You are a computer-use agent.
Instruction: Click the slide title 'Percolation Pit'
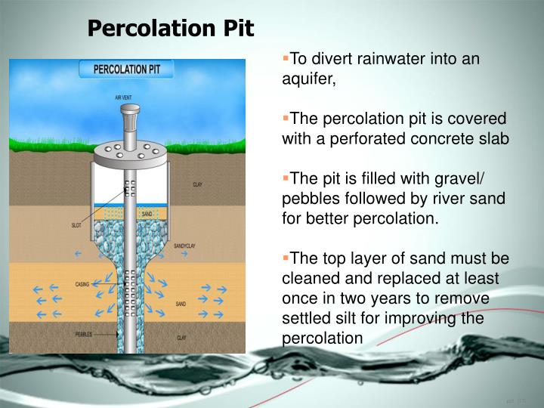point(171,29)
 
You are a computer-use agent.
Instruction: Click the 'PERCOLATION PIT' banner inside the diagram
point(126,70)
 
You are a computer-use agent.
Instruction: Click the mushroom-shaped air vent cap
point(128,113)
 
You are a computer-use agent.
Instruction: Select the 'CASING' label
point(82,285)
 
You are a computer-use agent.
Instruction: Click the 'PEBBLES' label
point(85,333)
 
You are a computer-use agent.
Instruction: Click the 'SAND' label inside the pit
point(147,215)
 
